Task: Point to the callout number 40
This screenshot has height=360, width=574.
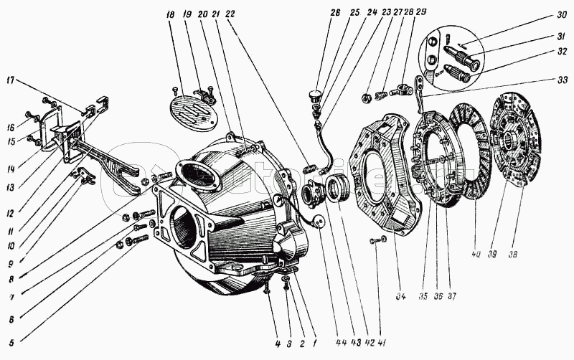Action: (x=476, y=255)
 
